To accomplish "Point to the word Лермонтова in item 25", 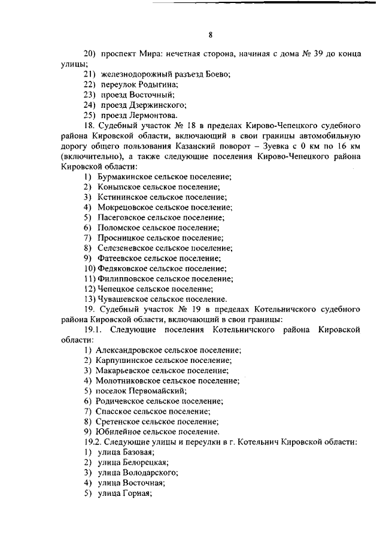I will (154, 115).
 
